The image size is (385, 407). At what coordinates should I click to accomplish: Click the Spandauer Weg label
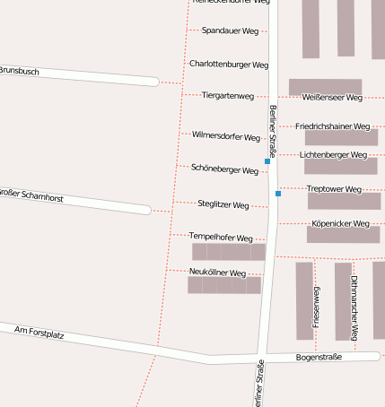tap(231, 30)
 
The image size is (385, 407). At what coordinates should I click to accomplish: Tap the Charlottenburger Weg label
tap(229, 65)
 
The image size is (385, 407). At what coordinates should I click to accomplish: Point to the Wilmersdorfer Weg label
tap(226, 136)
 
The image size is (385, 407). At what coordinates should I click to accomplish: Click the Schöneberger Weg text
tap(224, 169)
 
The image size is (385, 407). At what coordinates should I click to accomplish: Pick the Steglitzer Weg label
tap(223, 205)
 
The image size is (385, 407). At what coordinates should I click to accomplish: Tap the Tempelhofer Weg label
tap(221, 238)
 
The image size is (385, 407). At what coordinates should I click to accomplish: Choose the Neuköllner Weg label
tap(218, 273)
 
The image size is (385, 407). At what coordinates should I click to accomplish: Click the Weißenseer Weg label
tap(332, 97)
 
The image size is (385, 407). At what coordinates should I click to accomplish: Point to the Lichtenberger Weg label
tap(334, 155)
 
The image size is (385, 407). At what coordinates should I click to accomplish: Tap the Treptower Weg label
tap(334, 189)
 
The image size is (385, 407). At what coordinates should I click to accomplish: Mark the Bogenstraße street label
tap(319, 358)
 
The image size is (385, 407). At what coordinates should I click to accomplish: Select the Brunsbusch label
tap(19, 71)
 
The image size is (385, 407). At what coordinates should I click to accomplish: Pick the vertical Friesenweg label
tap(316, 307)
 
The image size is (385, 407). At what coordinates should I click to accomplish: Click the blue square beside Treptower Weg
tap(278, 194)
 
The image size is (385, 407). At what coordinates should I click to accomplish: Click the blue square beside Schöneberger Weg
tap(267, 162)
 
